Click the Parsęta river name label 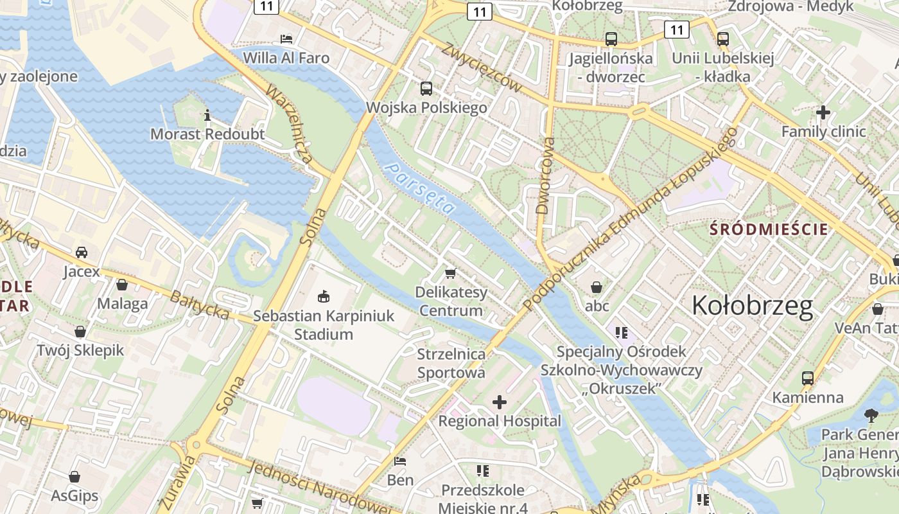[x=421, y=188]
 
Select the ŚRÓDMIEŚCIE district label [x=769, y=229]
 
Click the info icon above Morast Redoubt [x=207, y=116]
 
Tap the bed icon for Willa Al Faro [x=286, y=39]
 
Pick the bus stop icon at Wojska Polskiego [x=426, y=89]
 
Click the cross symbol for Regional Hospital [x=499, y=402]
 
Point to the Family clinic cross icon [x=823, y=112]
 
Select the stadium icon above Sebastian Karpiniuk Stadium [x=323, y=296]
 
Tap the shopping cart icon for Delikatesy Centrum [x=451, y=273]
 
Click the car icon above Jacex [x=82, y=252]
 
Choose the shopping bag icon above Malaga [x=122, y=284]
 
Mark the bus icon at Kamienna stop [x=807, y=378]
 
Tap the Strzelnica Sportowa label [x=451, y=363]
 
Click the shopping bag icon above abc [x=597, y=287]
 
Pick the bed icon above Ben [x=400, y=461]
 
